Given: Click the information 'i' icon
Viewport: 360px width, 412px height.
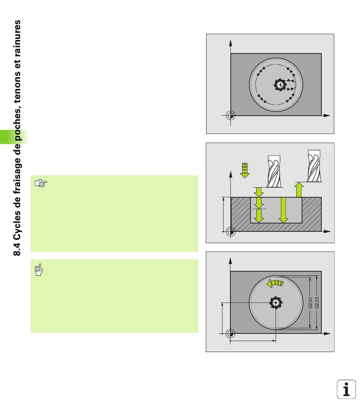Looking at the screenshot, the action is point(346,389).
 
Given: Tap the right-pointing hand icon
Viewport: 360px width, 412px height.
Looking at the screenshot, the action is point(41,183).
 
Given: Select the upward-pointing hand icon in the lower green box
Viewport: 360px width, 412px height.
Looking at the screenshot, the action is point(39,270).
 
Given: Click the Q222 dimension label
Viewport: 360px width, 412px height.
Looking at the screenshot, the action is point(310,303).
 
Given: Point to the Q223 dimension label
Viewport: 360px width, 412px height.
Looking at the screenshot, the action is point(317,303).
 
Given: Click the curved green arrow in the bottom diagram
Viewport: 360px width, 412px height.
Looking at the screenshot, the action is point(275,283).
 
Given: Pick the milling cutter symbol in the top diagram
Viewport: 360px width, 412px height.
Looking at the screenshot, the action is point(280,85).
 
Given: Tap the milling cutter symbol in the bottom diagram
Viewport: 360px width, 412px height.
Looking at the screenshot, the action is point(276,303).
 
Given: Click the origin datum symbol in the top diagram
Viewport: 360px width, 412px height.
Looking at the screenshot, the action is point(231,115).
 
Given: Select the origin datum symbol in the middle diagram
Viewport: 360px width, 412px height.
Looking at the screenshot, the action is point(231,231).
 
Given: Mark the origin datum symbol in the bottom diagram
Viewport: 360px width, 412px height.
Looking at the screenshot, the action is point(230,333).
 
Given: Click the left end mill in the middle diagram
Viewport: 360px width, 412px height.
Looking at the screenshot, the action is point(274,171).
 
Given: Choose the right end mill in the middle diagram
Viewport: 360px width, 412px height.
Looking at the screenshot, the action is point(314,166).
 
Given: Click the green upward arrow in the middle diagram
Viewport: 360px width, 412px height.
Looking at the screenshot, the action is point(299,190).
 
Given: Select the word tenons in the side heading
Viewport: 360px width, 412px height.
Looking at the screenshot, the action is point(17,85).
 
